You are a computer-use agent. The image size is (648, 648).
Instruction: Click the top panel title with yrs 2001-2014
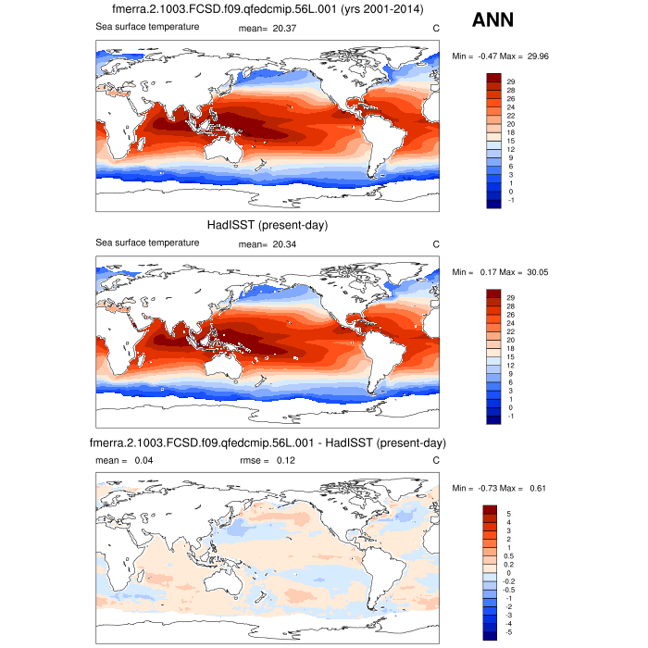267,10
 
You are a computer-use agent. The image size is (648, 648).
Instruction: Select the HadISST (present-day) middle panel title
267,226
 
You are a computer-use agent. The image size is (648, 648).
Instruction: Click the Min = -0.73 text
473,488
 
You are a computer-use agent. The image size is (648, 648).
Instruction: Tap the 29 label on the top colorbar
510,82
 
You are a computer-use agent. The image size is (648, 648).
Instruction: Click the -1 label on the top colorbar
510,199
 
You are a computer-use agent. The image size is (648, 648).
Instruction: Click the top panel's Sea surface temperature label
148,27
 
